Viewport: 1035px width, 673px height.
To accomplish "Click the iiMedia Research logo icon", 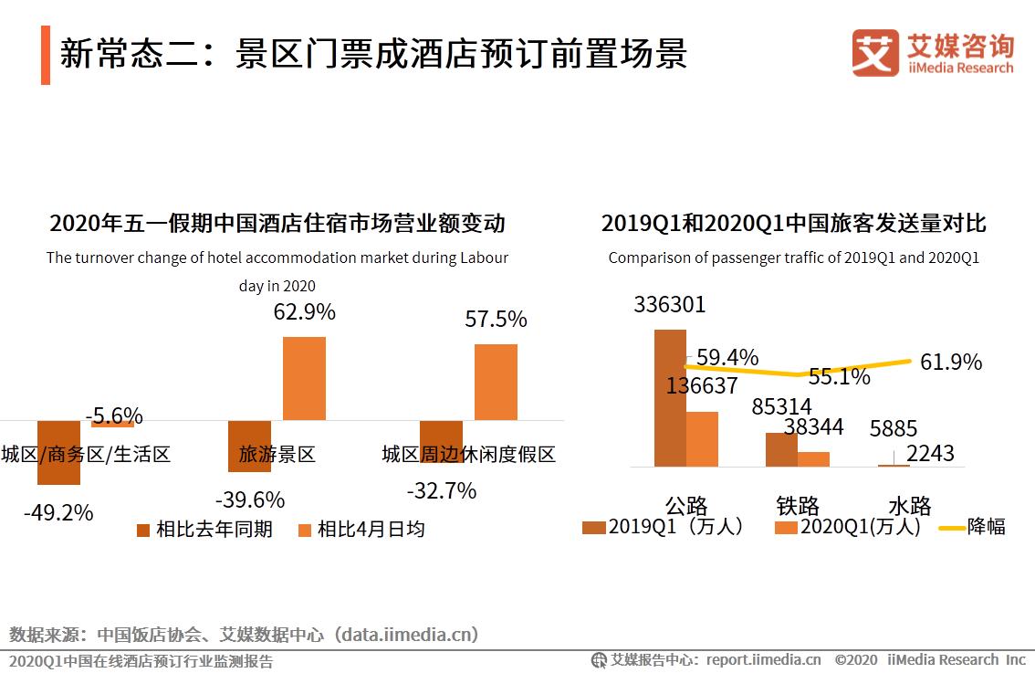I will [875, 53].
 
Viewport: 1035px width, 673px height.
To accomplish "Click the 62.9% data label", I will [304, 312].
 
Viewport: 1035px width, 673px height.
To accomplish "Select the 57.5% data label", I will [496, 320].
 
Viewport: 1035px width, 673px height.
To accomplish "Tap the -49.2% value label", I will [58, 513].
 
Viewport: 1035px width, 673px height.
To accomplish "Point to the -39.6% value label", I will [250, 500].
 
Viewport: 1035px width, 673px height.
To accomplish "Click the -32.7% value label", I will [442, 491].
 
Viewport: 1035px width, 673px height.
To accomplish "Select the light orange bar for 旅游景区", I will [304, 378].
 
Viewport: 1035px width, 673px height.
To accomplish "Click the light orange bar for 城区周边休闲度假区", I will [496, 382].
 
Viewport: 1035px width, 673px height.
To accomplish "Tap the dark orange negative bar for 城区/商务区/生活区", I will [58, 452].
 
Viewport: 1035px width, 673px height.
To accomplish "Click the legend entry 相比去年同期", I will [204, 530].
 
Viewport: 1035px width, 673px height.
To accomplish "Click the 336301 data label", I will [670, 305].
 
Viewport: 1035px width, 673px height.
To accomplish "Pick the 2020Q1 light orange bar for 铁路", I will [813, 459].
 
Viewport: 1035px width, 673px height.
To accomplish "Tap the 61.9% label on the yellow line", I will [951, 363].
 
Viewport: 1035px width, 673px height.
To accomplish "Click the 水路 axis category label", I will [909, 505].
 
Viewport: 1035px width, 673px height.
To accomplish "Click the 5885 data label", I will [893, 429].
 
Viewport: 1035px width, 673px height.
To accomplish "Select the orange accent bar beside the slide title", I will [46, 55].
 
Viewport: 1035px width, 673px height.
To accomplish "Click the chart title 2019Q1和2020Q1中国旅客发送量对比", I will [793, 224].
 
